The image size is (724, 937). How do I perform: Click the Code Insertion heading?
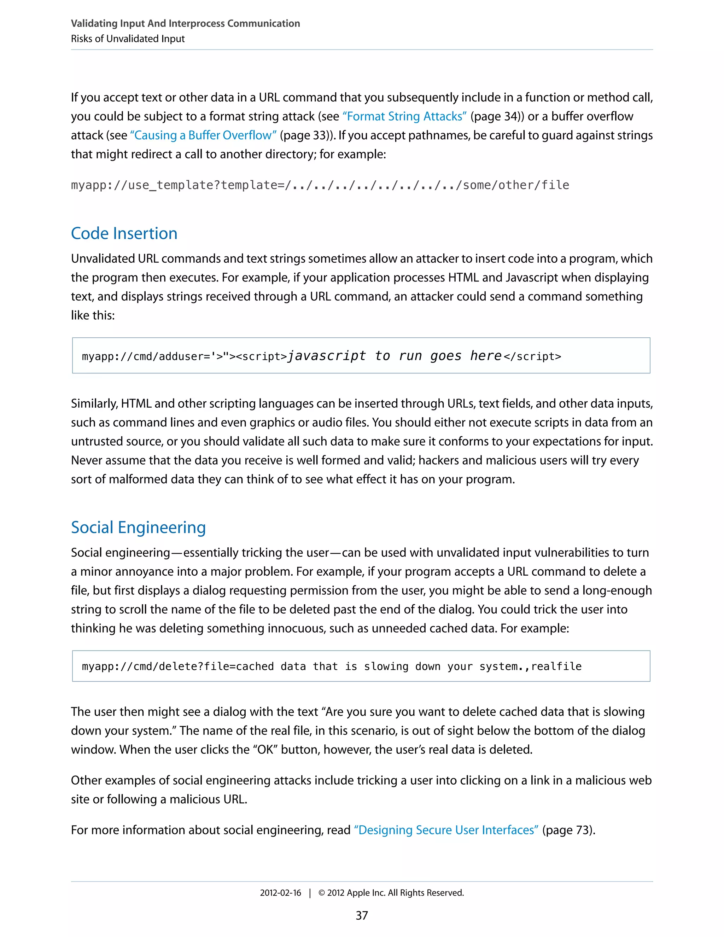124,233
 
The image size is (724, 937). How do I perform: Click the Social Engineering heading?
138,527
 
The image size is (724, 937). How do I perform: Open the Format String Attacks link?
404,116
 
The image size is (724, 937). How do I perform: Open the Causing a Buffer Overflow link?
203,135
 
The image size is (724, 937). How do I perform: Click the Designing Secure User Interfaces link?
446,830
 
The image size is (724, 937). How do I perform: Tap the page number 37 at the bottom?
362,915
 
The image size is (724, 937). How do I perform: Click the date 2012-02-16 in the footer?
280,892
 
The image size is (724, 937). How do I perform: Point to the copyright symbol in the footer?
322,892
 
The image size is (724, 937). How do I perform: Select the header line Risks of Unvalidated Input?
128,39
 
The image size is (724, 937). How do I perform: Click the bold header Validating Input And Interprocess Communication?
185,23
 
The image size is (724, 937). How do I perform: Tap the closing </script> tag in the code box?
532,356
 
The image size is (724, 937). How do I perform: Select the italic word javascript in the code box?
326,356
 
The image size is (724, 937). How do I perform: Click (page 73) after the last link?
568,830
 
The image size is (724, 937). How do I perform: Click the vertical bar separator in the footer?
310,892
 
